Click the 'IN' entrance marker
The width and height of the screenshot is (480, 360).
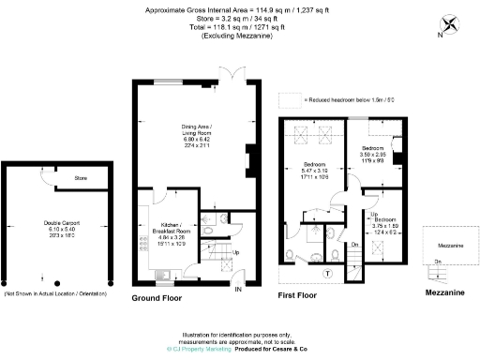pos(238,290)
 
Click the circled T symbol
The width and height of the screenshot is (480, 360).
pos(326,273)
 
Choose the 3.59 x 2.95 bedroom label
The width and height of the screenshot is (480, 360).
pos(372,154)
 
